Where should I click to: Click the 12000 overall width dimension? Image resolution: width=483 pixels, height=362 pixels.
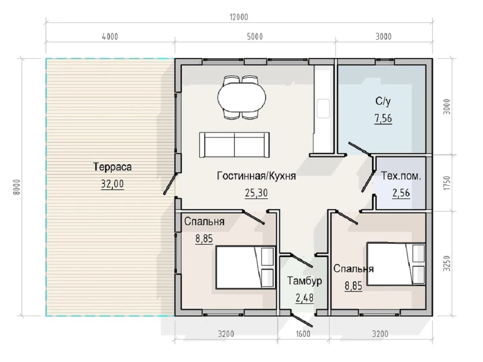tap(239, 17)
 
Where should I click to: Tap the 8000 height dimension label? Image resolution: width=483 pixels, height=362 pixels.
tap(17, 187)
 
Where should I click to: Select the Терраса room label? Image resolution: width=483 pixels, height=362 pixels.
tap(112, 167)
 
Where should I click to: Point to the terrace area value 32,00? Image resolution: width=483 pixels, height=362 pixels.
tap(112, 184)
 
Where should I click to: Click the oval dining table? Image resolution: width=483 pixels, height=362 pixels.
tap(241, 97)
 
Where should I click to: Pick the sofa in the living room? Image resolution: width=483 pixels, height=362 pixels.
tap(234, 145)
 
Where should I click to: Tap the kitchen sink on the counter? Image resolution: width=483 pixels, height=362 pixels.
tap(323, 108)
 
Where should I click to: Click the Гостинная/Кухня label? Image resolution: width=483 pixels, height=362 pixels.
tap(256, 176)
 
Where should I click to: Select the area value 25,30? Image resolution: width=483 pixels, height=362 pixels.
tap(256, 193)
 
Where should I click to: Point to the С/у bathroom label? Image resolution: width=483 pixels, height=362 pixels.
tap(383, 101)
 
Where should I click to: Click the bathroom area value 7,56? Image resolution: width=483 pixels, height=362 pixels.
tap(383, 118)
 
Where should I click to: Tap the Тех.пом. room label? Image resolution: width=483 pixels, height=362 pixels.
tap(401, 176)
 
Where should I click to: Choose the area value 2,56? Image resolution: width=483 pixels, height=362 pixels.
tap(401, 193)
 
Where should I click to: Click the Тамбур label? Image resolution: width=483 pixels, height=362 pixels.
tap(305, 281)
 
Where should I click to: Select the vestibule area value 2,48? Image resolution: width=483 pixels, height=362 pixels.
tap(305, 298)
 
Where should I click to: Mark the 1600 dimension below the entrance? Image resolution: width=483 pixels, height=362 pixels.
tap(303, 334)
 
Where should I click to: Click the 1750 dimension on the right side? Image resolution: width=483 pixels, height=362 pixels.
tap(447, 183)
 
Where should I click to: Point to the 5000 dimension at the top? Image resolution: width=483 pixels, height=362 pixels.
tap(255, 37)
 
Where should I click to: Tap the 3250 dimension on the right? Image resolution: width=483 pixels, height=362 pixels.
tap(447, 263)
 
